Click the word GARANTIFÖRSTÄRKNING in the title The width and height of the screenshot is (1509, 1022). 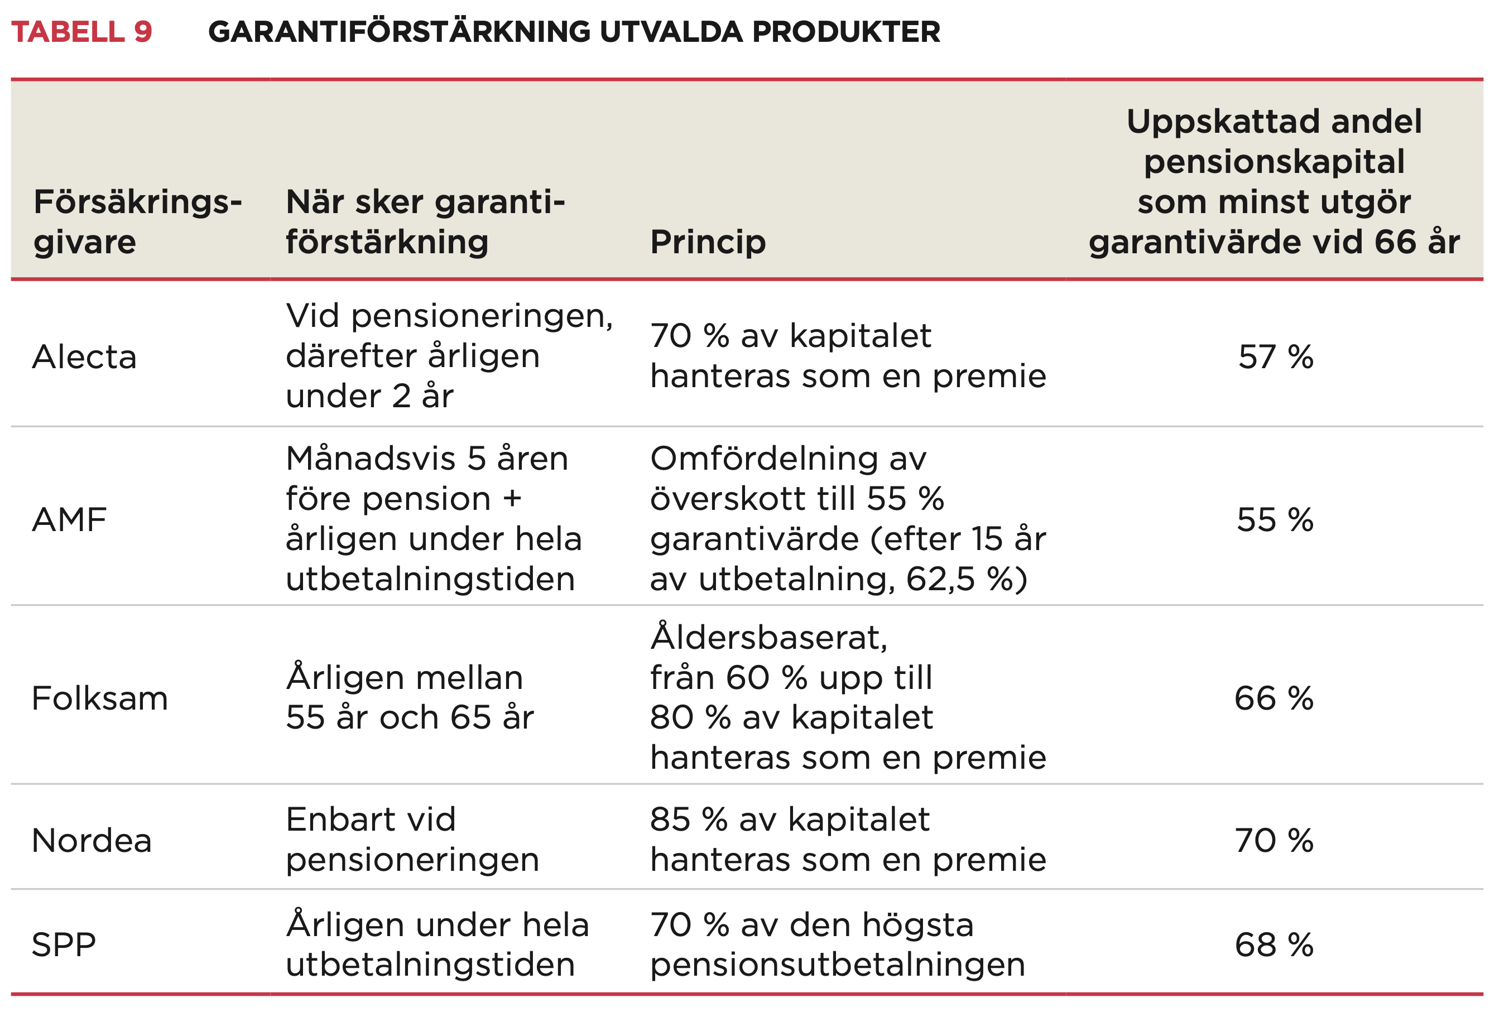(400, 32)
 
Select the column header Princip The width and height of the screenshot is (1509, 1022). (708, 243)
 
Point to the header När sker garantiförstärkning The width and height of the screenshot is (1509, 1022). (425, 222)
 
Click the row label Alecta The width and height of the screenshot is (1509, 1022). (84, 358)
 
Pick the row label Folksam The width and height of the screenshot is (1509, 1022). (100, 699)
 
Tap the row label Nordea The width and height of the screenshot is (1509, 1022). (92, 841)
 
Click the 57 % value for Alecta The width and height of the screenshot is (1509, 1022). (1275, 358)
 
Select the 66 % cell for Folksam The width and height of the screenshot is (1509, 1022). (1273, 699)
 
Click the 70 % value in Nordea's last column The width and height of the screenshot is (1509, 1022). (1274, 841)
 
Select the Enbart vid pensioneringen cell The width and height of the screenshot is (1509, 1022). (412, 840)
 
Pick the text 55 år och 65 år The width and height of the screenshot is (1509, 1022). (410, 717)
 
